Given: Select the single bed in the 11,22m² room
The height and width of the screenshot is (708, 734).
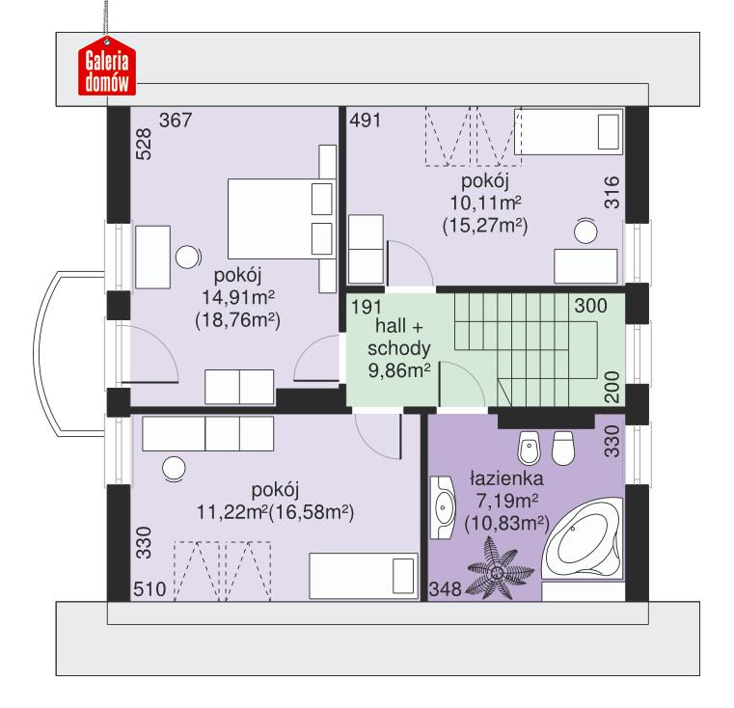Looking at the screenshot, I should pos(363,578).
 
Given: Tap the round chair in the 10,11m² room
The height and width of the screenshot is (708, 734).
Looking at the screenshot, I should pos(586,230).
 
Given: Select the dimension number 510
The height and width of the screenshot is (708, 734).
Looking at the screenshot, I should pos(150,588).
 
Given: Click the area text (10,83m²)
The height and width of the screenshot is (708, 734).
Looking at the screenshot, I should pos(505,524).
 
